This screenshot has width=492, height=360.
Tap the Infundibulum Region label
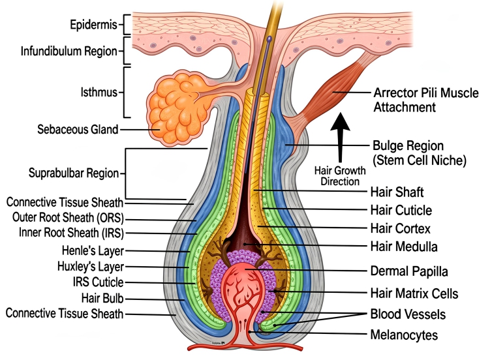coord(69,50)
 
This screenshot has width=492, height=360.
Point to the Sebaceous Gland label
coord(77,129)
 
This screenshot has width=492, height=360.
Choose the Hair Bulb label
coord(100,298)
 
